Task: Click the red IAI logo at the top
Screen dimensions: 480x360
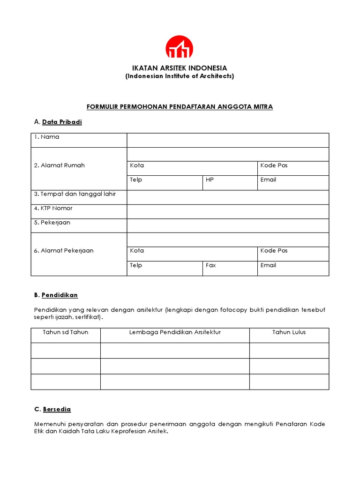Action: click(x=179, y=47)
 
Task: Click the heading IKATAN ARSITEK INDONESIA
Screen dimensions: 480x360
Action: click(x=180, y=68)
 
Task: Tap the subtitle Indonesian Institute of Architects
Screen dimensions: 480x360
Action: click(x=180, y=76)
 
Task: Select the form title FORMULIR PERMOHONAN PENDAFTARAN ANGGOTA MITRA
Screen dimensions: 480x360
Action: click(x=180, y=107)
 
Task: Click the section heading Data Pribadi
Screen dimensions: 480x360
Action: click(x=62, y=122)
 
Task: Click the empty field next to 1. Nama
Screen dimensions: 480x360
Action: click(x=228, y=140)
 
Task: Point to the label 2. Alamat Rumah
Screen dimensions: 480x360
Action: click(x=59, y=165)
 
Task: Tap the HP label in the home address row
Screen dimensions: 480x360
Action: click(x=210, y=180)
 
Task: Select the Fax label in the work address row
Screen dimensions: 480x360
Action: click(x=211, y=265)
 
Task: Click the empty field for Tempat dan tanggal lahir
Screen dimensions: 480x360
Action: click(x=228, y=197)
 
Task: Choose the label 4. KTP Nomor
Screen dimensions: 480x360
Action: click(x=53, y=208)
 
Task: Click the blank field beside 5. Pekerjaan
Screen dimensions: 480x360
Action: click(x=228, y=225)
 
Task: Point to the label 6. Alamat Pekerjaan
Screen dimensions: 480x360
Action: click(x=63, y=251)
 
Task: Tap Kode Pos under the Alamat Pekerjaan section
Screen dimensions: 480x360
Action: click(x=274, y=251)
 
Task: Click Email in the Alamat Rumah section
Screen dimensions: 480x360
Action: click(x=268, y=180)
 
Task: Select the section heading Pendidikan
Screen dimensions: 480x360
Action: click(x=60, y=295)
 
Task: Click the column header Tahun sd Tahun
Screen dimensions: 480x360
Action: click(x=66, y=332)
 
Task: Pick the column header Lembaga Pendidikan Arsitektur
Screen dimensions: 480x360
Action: click(x=175, y=332)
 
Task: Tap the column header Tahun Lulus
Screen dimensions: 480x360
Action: click(x=289, y=332)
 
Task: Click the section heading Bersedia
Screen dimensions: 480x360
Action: click(x=57, y=409)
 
